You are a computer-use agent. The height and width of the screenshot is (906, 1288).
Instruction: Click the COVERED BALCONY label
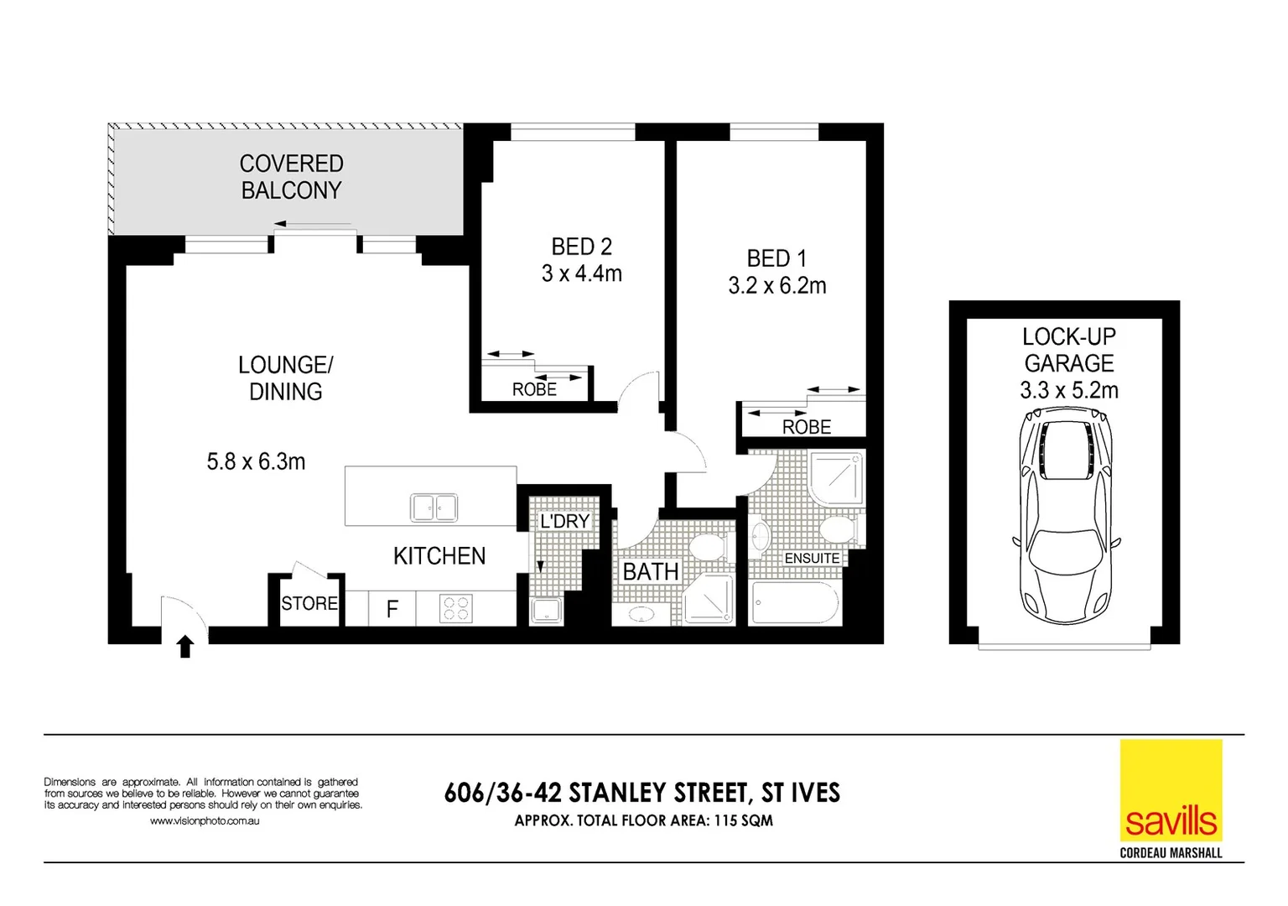(291, 177)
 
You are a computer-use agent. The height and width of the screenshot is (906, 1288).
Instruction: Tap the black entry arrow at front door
(185, 647)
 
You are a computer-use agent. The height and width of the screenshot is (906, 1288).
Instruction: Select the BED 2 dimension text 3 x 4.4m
(581, 274)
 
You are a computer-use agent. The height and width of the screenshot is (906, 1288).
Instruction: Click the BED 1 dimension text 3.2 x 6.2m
(776, 286)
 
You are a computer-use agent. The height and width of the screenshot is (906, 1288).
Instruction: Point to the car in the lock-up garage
(1065, 515)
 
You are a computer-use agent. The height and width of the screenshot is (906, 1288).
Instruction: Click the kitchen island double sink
(434, 508)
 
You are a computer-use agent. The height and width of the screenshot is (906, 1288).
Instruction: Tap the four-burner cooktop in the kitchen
(455, 608)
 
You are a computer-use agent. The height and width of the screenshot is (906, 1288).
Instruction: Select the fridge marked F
(392, 609)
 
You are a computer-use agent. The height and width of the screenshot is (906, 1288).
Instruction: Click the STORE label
(309, 604)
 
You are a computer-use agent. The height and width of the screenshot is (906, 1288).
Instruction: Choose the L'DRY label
(564, 522)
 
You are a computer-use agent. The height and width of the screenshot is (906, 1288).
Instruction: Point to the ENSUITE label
(811, 559)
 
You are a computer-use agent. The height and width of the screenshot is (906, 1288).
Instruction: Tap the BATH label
(650, 572)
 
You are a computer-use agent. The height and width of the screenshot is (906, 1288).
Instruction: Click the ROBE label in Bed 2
(534, 390)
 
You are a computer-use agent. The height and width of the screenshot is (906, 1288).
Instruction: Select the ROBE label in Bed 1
(806, 427)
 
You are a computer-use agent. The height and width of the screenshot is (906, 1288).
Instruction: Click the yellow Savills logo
(1171, 790)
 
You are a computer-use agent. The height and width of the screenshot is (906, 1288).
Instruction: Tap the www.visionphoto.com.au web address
(204, 821)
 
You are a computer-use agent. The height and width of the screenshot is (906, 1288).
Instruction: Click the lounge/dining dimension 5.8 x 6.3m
(256, 462)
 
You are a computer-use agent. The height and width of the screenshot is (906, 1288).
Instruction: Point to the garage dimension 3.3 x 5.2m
(1068, 391)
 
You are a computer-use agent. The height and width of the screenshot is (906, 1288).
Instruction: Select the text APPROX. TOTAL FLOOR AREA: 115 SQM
(643, 821)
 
